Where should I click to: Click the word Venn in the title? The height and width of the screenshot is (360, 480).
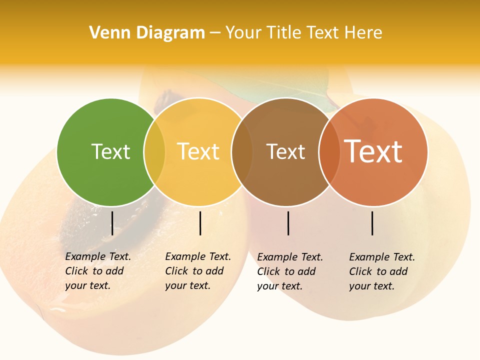[x=107, y=33]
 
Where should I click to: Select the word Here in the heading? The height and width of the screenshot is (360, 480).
[x=364, y=33]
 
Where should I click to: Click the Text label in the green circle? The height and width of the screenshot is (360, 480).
[x=110, y=151]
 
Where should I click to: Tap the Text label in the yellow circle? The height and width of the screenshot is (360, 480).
[x=198, y=151]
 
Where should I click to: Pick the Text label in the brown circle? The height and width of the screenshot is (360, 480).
[x=285, y=151]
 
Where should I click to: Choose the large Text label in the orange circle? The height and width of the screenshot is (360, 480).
[x=373, y=151]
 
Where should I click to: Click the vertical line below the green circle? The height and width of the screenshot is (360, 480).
[x=112, y=223]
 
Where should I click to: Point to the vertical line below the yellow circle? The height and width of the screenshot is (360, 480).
[x=200, y=223]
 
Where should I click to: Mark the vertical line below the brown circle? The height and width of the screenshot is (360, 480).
[x=288, y=223]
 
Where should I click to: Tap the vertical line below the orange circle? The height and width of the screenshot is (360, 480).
[x=372, y=223]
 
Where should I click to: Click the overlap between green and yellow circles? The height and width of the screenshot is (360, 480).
[x=154, y=152]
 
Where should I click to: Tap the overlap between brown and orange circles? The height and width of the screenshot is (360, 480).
[x=329, y=152]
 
